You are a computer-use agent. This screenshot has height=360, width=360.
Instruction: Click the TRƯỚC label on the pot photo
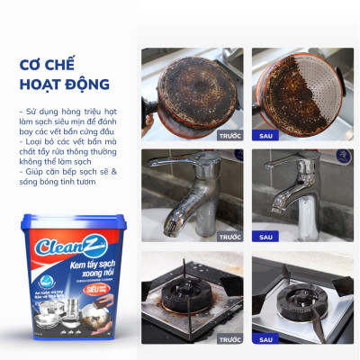229,135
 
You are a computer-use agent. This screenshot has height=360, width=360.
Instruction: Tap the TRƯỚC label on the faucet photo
229,237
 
